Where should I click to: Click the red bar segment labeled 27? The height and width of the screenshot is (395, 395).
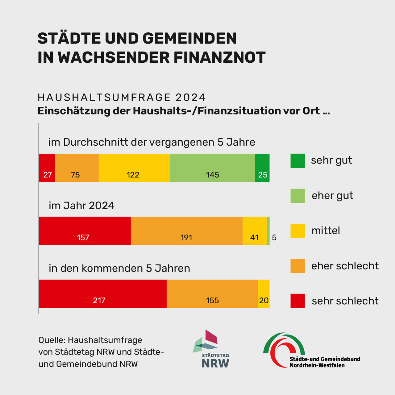(47, 168)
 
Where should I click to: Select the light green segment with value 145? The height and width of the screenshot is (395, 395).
(212, 168)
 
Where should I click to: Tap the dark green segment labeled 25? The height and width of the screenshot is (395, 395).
(262, 168)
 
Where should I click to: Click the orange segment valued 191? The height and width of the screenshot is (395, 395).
(187, 231)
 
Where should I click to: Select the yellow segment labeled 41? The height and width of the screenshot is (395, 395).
(255, 231)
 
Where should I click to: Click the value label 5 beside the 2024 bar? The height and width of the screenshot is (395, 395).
(274, 238)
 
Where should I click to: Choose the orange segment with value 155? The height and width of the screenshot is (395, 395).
(212, 293)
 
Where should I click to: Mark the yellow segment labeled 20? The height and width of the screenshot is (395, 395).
(264, 293)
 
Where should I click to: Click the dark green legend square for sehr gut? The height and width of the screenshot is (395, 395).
(297, 161)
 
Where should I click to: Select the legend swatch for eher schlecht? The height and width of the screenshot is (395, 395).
(297, 266)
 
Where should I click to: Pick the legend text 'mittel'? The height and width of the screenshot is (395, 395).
(326, 231)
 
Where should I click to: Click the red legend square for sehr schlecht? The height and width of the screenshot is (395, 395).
(297, 301)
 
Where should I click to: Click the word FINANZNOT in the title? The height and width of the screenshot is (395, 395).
(219, 57)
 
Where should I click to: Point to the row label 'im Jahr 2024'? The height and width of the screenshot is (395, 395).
(81, 206)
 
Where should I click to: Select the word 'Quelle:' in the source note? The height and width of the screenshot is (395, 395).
(52, 340)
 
